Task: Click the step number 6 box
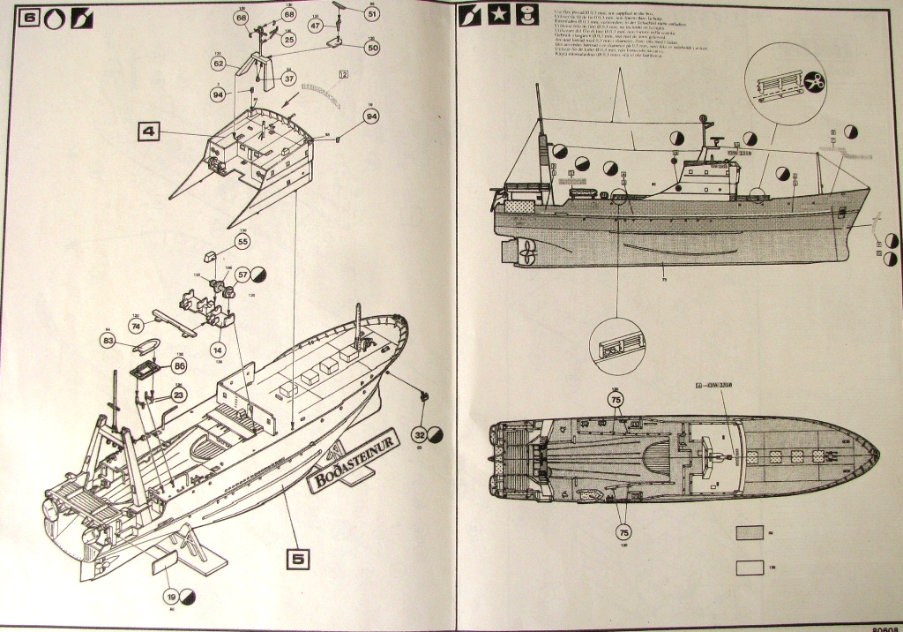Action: click(x=26, y=16)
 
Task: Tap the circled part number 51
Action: click(x=371, y=14)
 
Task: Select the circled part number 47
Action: click(x=316, y=26)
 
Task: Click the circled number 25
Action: click(x=289, y=39)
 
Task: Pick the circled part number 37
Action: click(x=288, y=79)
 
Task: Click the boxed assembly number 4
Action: click(x=148, y=132)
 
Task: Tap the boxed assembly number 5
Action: click(x=298, y=558)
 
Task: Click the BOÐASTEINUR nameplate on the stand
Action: click(x=354, y=457)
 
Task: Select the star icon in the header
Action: click(x=498, y=16)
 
